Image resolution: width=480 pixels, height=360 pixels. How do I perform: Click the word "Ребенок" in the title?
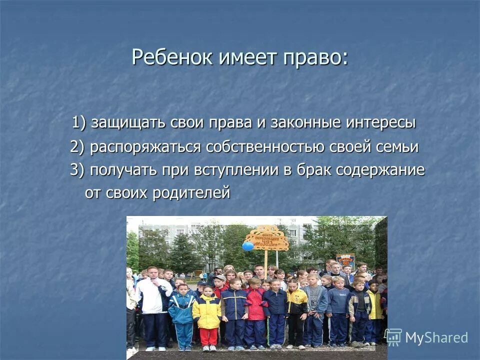172,57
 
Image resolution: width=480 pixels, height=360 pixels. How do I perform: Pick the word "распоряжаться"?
145,147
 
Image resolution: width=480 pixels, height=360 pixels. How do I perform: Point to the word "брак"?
314,170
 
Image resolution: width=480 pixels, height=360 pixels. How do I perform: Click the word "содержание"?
380,170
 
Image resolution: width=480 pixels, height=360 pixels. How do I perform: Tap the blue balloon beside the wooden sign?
248,246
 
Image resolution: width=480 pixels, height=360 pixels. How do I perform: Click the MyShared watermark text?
436,337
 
